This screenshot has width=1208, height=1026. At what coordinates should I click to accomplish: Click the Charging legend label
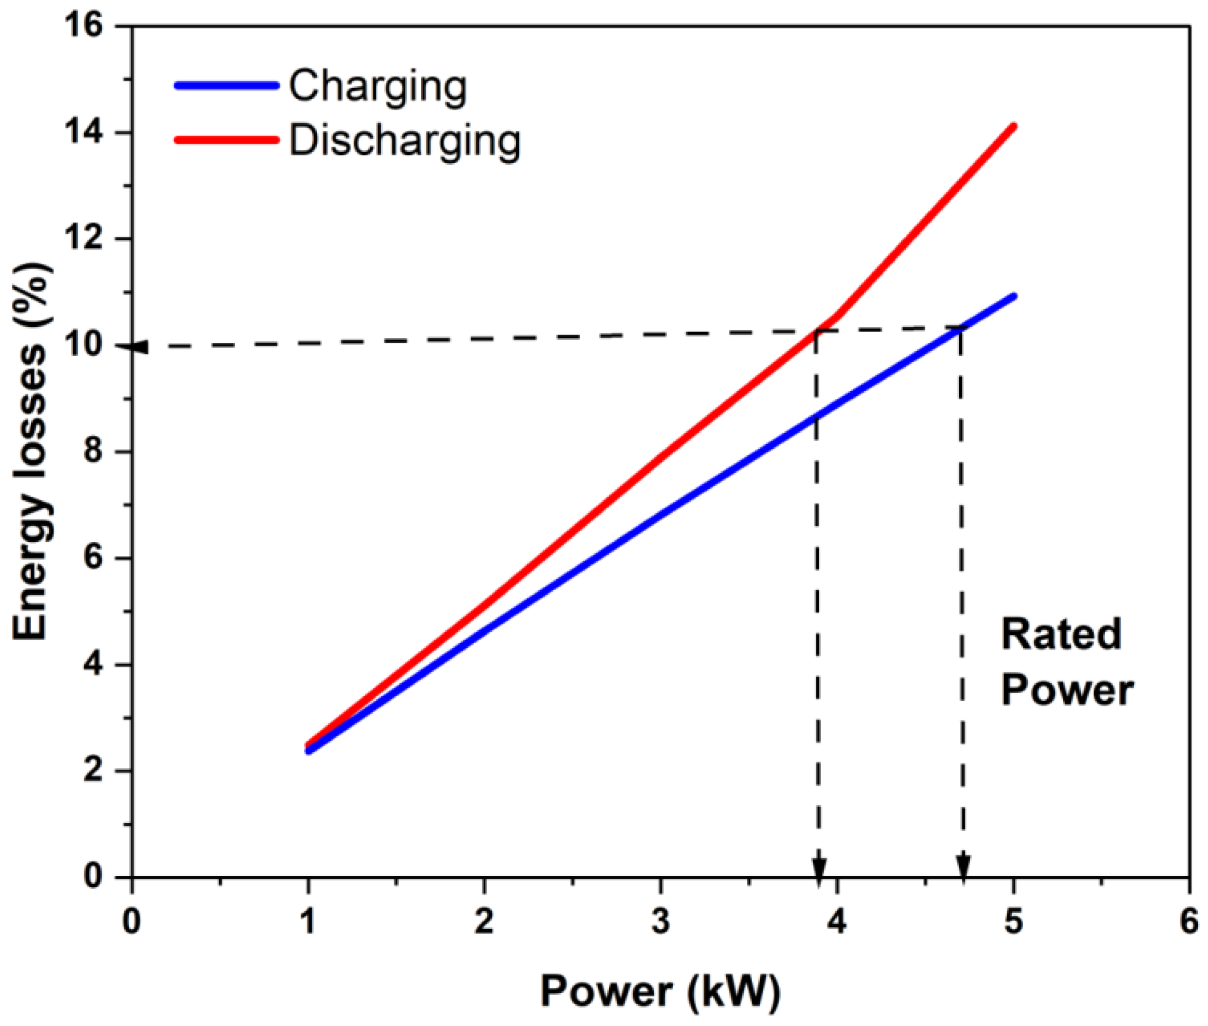point(378,87)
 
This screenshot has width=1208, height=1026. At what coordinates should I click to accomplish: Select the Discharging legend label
point(405,142)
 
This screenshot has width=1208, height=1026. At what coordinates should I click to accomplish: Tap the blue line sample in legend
point(226,85)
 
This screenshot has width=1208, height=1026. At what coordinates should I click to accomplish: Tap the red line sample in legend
point(226,140)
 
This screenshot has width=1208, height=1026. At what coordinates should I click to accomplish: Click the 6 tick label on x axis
point(1189,921)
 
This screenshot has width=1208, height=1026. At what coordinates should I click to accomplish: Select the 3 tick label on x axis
point(660,921)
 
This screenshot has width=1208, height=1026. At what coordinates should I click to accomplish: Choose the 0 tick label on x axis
point(131,921)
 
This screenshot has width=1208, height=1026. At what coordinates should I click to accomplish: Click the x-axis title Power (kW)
point(660,991)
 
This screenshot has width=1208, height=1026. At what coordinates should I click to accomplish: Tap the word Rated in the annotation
point(1061,634)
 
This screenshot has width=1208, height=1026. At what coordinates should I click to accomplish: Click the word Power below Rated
point(1067,690)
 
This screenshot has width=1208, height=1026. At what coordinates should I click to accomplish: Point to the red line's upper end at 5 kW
point(1014,126)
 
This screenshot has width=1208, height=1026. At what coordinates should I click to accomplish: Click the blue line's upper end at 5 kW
point(1014,296)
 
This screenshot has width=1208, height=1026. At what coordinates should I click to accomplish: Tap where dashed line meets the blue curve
point(961,328)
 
